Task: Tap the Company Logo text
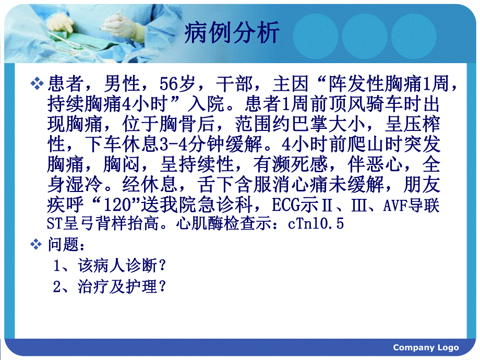coord(426,347)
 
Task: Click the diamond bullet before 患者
coord(38,83)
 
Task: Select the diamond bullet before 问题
coord(38,244)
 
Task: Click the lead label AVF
coord(397,205)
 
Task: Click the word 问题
coord(66,244)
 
